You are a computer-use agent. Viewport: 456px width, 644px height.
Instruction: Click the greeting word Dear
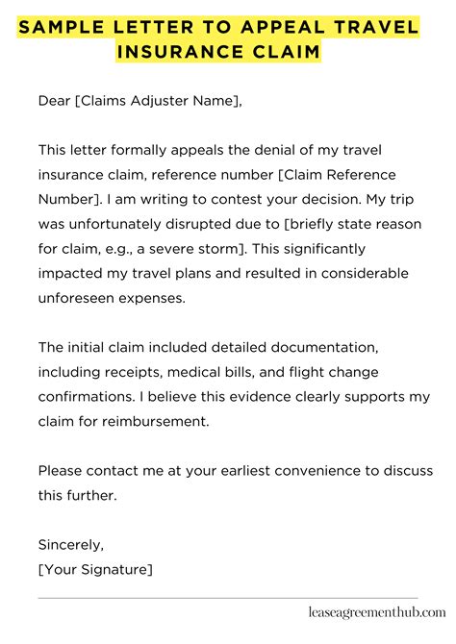(x=55, y=100)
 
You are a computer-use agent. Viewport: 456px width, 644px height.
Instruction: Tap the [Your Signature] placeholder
(x=94, y=544)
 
